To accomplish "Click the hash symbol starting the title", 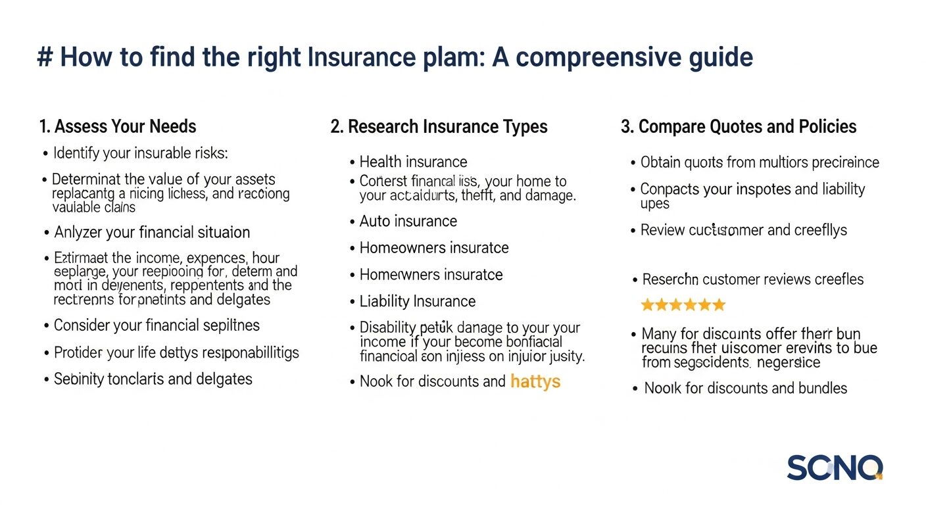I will click(x=45, y=58).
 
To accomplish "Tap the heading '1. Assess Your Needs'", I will click(x=117, y=126).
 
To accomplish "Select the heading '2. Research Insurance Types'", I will click(x=439, y=126).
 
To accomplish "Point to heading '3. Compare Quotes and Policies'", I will click(x=739, y=126).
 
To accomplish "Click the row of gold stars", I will click(x=683, y=305).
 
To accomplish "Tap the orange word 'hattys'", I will click(x=535, y=381).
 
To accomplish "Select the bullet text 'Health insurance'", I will click(x=413, y=162).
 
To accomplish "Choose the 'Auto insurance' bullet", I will click(x=408, y=221).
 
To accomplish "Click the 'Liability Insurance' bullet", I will click(x=417, y=301).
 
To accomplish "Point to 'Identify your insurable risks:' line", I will click(x=140, y=153).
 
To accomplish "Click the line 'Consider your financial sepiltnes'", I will click(x=157, y=325).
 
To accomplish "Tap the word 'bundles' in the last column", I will click(x=818, y=388).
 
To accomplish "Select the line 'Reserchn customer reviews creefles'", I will click(x=752, y=279).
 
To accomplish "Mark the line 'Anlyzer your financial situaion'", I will click(x=151, y=232).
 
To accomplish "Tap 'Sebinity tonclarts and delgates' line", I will click(x=153, y=379).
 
